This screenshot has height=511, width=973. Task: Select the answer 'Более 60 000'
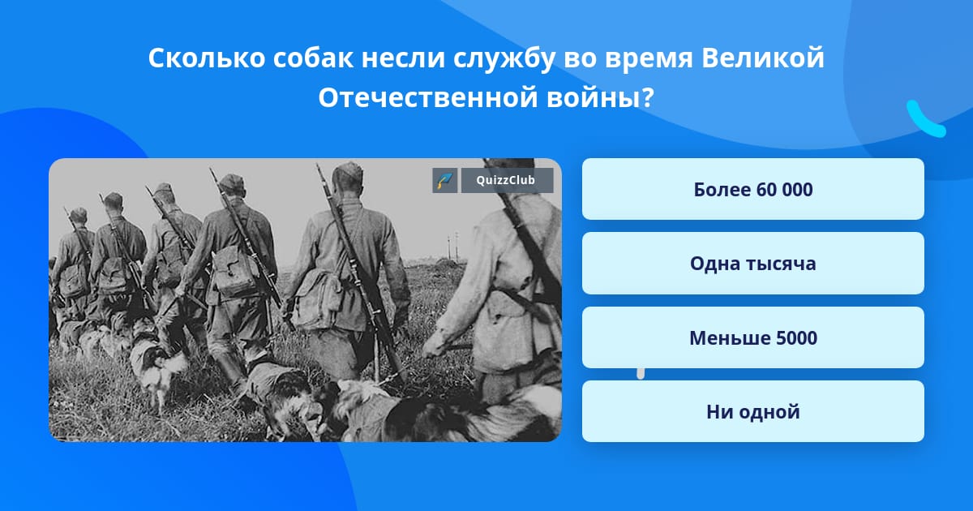click(x=752, y=189)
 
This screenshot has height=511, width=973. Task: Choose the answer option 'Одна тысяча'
click(x=752, y=264)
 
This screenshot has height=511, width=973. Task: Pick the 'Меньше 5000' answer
click(x=752, y=337)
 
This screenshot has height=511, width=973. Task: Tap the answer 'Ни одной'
click(x=752, y=411)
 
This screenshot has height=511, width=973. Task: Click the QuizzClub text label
click(x=506, y=180)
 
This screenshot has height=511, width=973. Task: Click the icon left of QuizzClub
click(x=445, y=180)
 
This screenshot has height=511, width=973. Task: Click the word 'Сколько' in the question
click(x=207, y=58)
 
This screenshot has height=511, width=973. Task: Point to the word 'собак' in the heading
click(x=313, y=58)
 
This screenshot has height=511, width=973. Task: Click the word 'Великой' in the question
click(x=763, y=58)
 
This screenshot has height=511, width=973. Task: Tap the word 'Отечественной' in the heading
click(x=428, y=98)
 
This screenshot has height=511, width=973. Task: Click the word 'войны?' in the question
click(x=600, y=98)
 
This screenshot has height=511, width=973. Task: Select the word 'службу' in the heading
click(x=504, y=58)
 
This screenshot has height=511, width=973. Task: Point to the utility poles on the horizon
click(x=452, y=247)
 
